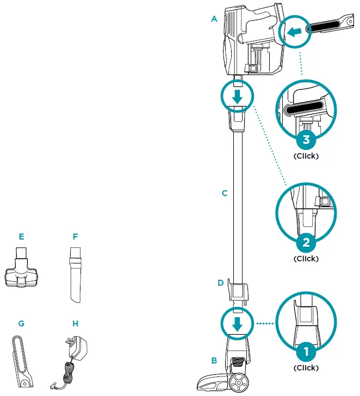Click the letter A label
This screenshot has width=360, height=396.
214,19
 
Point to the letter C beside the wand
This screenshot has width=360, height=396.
224,193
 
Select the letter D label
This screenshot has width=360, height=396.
220,283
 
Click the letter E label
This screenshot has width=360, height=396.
21,237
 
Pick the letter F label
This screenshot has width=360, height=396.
76,237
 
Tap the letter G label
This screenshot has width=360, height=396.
21,323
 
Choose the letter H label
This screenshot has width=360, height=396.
76,323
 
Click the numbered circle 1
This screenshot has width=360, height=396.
306,352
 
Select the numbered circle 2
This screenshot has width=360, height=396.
306,242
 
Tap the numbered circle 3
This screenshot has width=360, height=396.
306,140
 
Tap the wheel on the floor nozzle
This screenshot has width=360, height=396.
239,383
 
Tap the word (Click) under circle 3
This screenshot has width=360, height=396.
306,156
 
